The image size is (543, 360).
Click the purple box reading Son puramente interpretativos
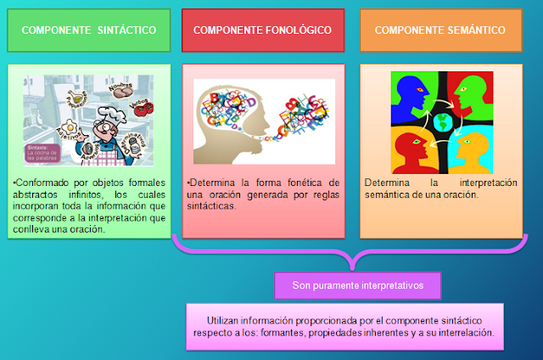[360, 285]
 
